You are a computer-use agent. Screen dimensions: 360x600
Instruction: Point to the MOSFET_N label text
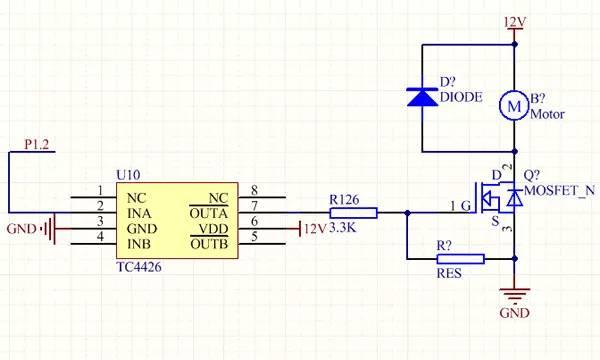click(x=559, y=189)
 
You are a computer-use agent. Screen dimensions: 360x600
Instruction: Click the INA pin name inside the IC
click(x=141, y=213)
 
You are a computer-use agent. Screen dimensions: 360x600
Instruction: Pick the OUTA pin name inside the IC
click(x=210, y=213)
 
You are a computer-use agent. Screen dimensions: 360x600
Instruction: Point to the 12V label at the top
click(x=514, y=21)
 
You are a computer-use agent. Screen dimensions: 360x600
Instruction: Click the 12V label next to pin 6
click(x=313, y=230)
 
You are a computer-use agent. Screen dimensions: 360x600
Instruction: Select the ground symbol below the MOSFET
click(x=514, y=296)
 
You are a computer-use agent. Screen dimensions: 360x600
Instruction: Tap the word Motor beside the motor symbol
click(x=547, y=114)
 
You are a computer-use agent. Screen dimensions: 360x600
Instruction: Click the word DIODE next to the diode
click(x=461, y=98)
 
